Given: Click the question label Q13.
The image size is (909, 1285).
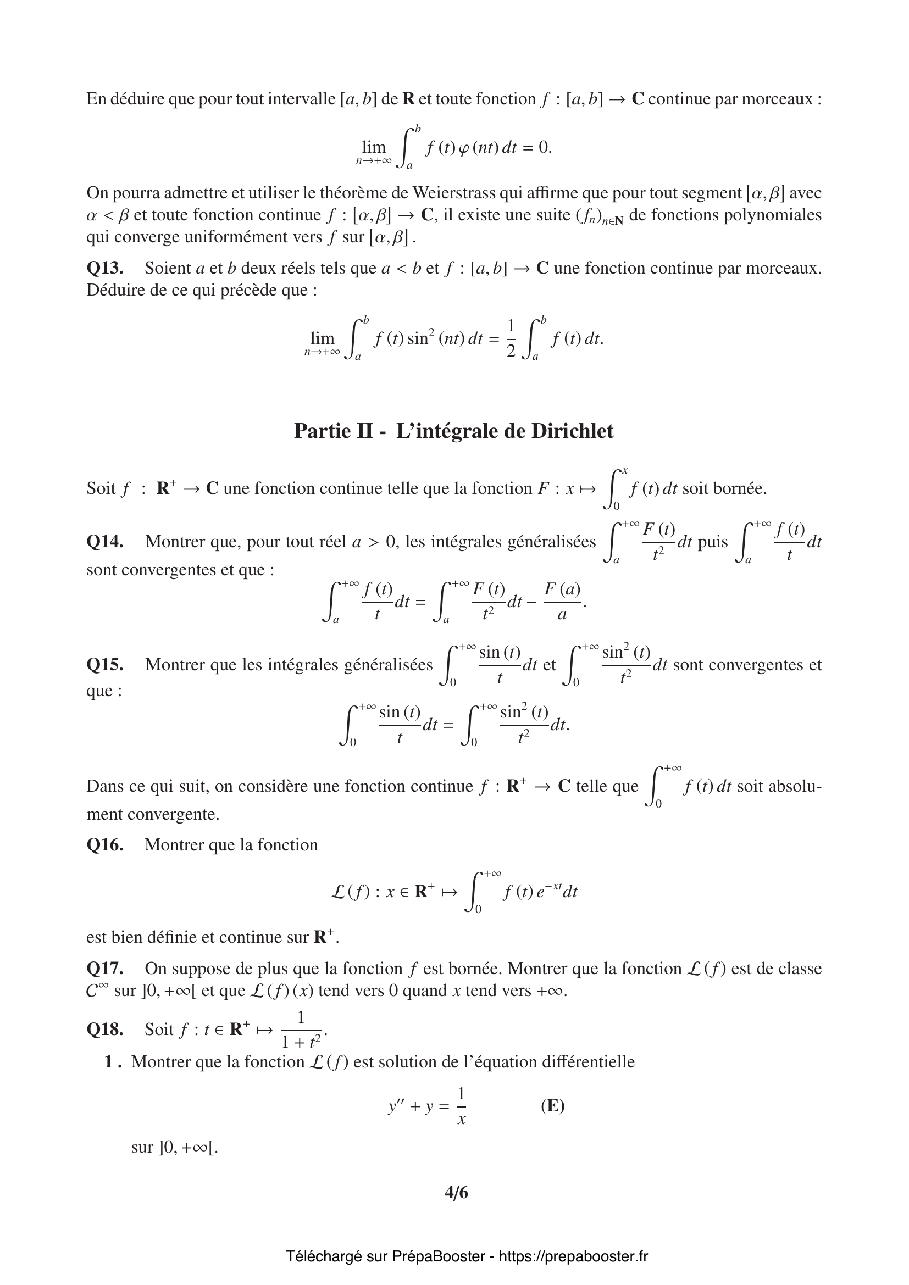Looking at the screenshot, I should tap(104, 268).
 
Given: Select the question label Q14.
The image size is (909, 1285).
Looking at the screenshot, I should tap(104, 542).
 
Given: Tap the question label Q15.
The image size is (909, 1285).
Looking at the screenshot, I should tap(104, 664).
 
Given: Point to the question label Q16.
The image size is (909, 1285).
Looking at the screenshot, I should tap(104, 844).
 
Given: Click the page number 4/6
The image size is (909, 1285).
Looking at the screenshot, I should tap(456, 1193).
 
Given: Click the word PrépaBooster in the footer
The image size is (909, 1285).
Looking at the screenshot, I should tap(438, 1256).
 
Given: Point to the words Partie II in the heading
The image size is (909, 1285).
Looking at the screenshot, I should tap(334, 431).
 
